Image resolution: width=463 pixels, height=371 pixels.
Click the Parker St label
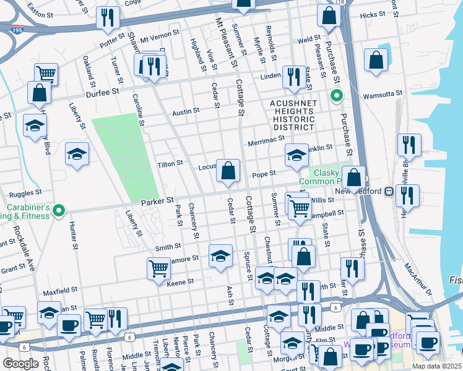[157, 201]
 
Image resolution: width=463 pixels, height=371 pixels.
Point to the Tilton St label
[171, 163]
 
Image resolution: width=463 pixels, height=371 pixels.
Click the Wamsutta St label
[382, 93]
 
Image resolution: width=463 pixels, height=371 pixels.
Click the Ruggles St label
[25, 192]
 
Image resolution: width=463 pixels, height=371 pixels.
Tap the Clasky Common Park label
[319, 177]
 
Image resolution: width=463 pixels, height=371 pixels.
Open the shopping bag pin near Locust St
[228, 171]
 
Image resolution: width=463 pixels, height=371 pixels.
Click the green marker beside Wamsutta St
[336, 96]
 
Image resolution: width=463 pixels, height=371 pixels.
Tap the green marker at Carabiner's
[59, 211]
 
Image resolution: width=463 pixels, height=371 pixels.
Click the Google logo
[20, 364]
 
